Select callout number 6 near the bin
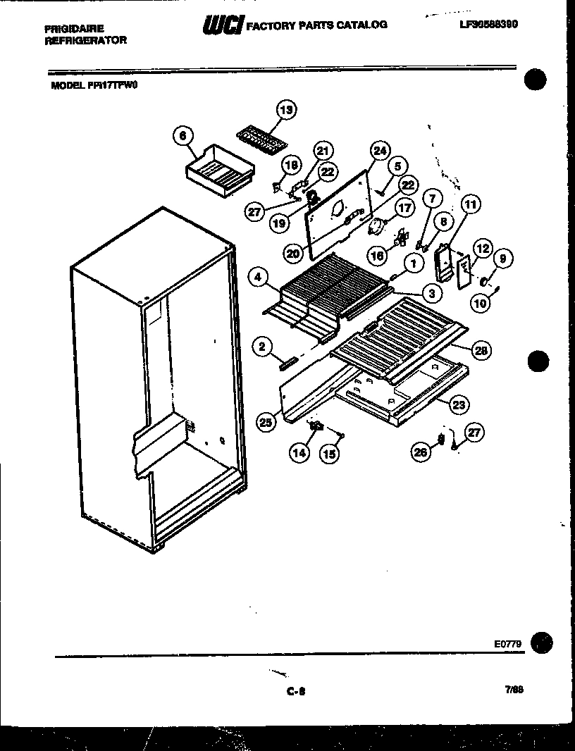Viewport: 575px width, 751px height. [183, 135]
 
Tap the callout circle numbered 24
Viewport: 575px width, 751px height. [380, 151]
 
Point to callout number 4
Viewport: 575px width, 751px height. [259, 278]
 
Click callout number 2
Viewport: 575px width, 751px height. [261, 345]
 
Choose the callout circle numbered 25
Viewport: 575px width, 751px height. [266, 422]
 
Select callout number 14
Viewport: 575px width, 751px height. [299, 453]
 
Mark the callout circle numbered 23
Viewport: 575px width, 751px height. [459, 405]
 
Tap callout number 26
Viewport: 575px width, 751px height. [422, 454]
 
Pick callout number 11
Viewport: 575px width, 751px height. [470, 206]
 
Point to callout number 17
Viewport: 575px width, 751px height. [404, 209]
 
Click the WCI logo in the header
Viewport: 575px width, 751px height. [223, 25]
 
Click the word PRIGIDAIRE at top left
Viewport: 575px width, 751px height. [74, 29]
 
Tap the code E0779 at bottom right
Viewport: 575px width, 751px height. [507, 643]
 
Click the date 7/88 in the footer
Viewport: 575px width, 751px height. [514, 691]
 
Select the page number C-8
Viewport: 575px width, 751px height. [295, 692]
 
